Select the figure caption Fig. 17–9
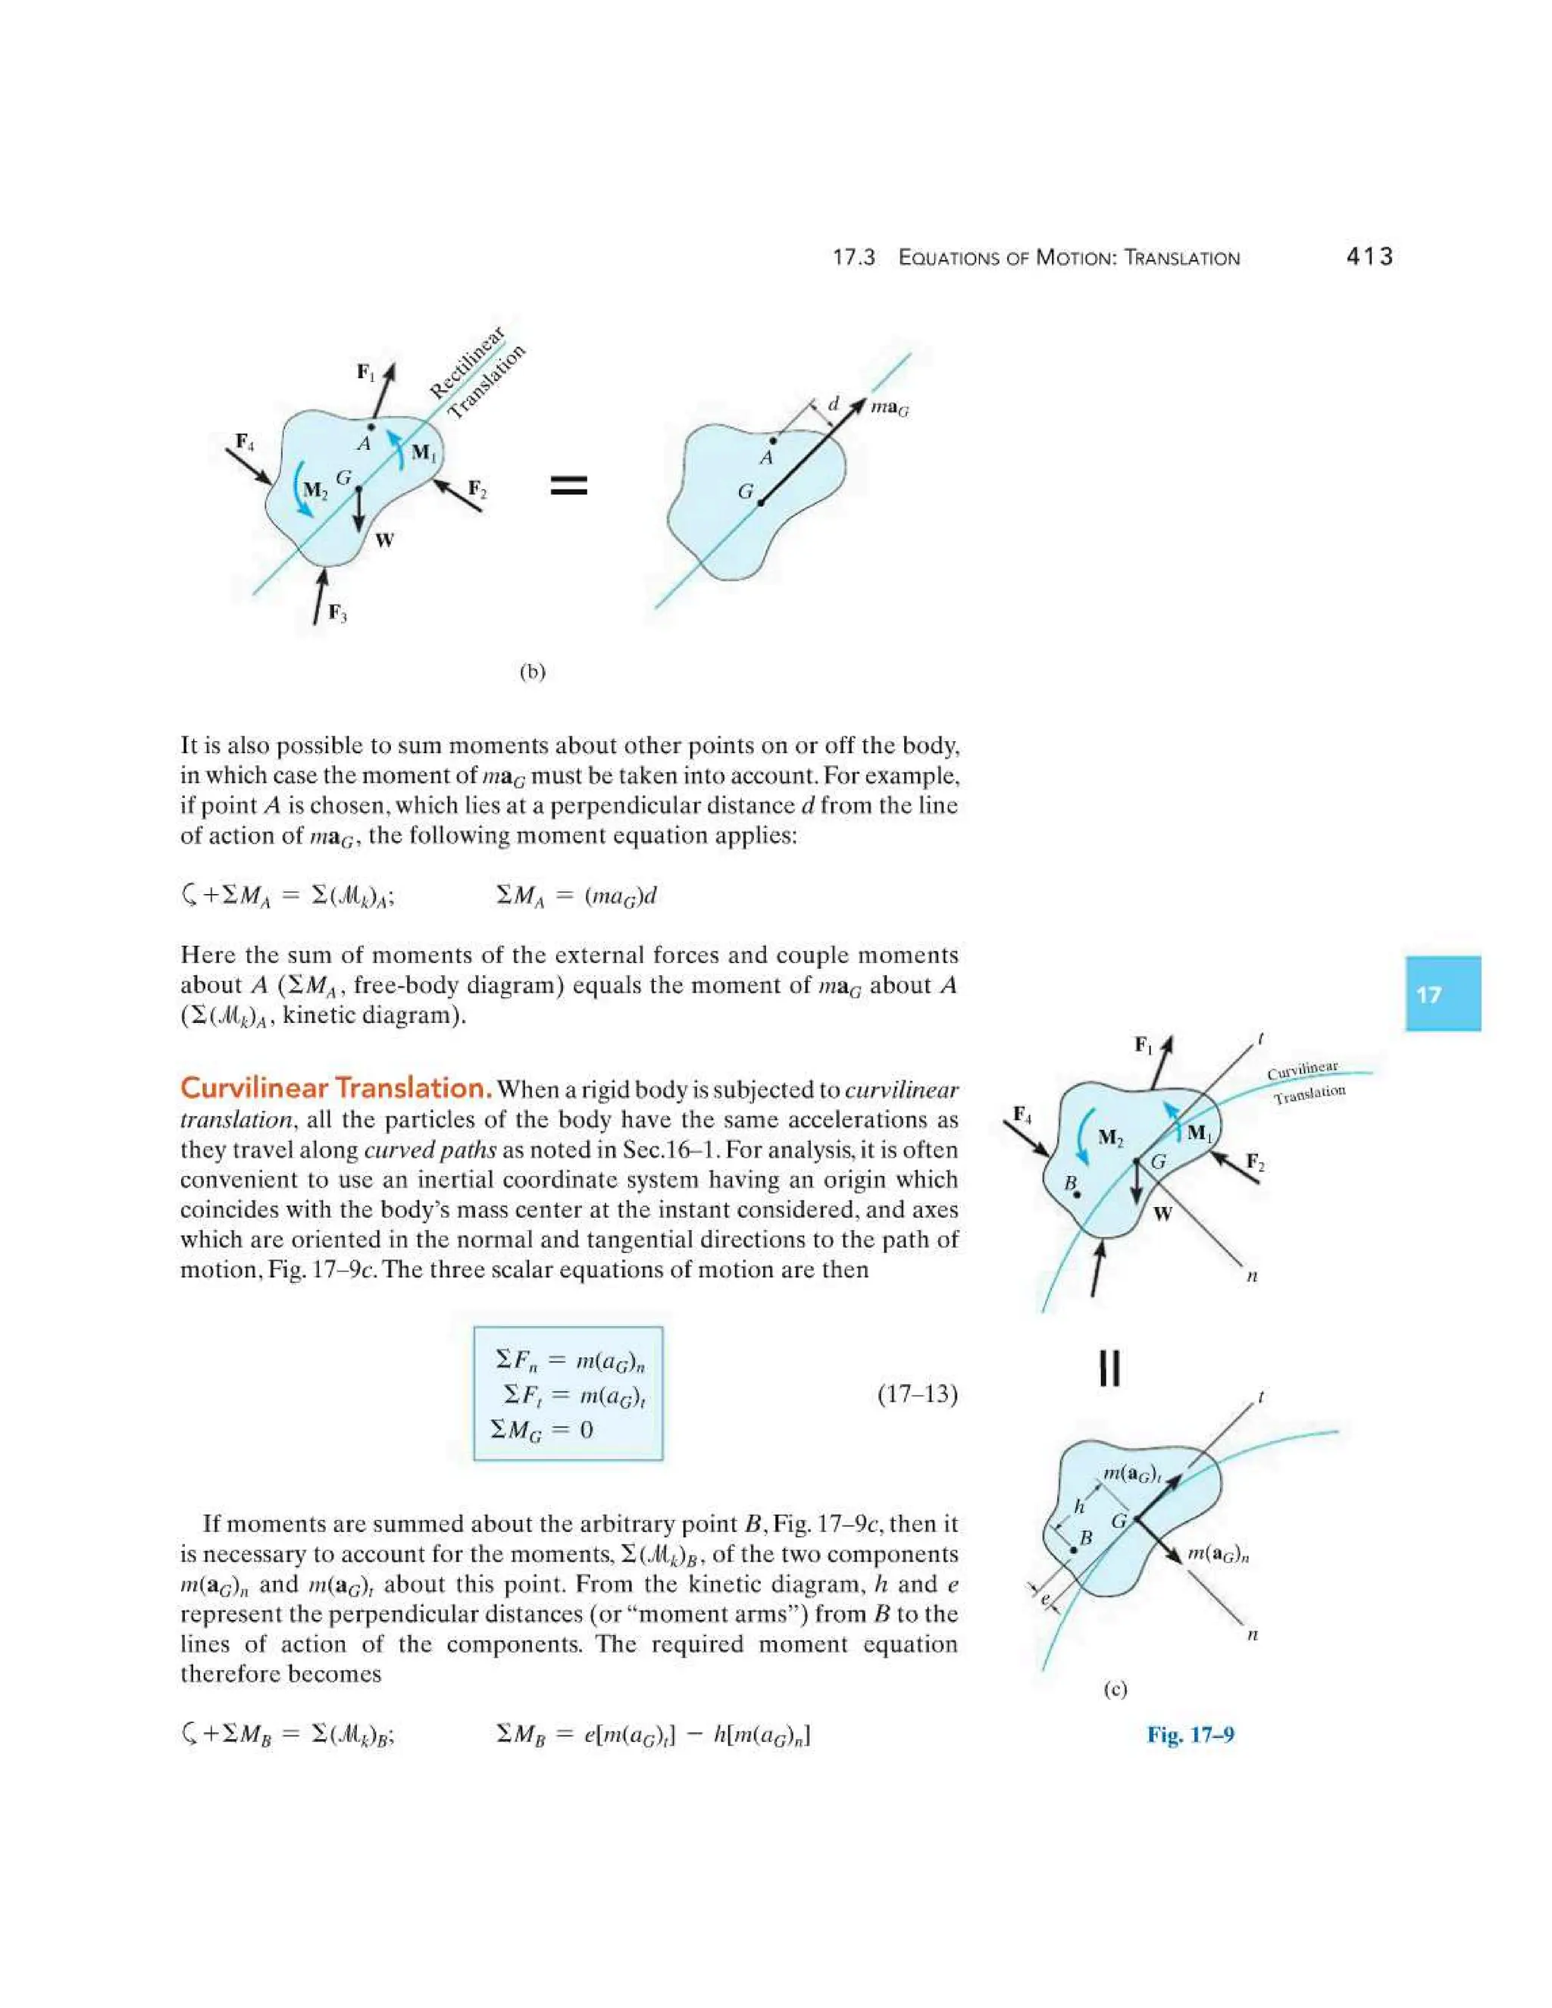tap(1190, 1735)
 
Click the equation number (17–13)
tap(917, 1395)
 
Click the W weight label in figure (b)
tap(384, 540)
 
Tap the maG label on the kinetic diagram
tap(889, 408)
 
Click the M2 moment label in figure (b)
tap(314, 490)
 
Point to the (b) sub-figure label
tap(532, 672)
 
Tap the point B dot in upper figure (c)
tap(1077, 1195)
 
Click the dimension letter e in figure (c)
tap(1045, 1599)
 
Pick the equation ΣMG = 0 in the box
tap(542, 1430)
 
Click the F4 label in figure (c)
tap(1022, 1115)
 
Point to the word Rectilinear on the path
tap(467, 363)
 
